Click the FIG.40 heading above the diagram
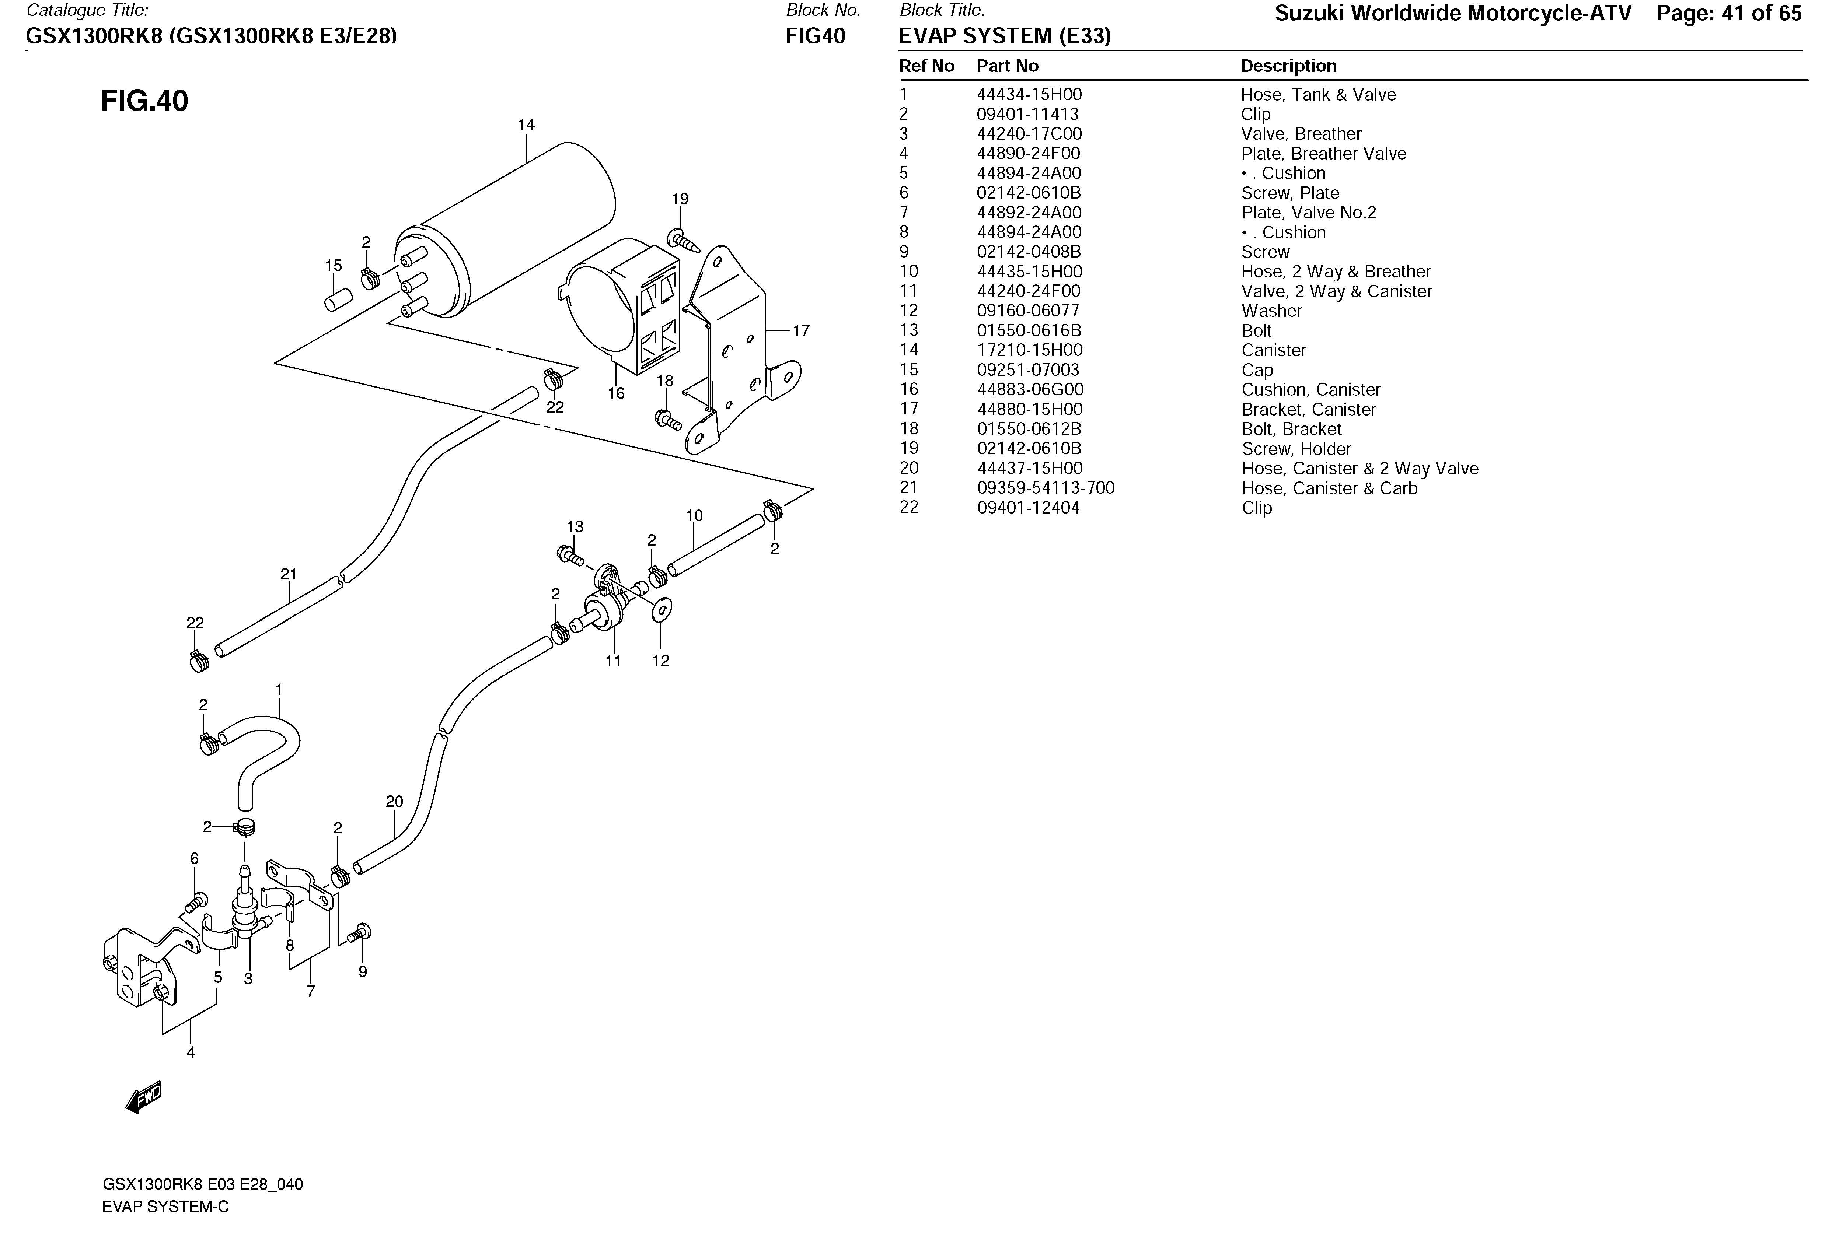[x=144, y=101]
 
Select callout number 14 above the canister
[x=526, y=125]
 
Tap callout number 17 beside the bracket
[x=801, y=331]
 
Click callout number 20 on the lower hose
[x=394, y=802]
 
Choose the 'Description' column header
[x=1288, y=66]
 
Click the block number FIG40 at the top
[x=815, y=35]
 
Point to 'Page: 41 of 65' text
[x=1728, y=13]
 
